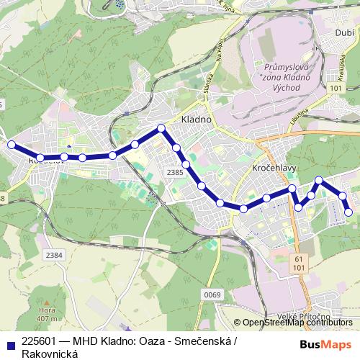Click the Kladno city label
194,119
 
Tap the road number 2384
53,254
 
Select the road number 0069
212,294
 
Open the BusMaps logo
326,345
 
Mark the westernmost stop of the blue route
12,145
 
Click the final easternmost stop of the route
349,212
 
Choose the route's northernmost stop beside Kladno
161,128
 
